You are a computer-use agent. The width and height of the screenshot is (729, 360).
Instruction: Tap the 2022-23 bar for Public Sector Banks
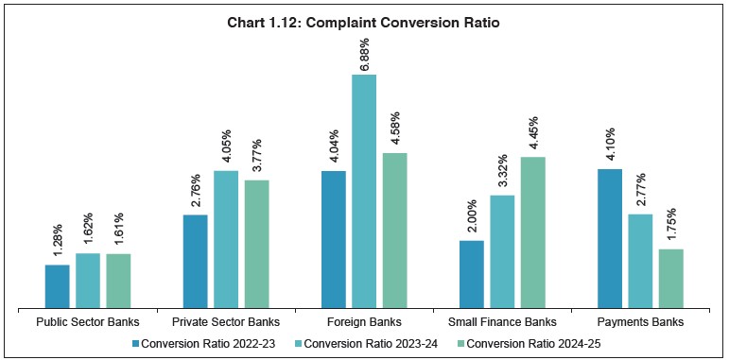(x=58, y=286)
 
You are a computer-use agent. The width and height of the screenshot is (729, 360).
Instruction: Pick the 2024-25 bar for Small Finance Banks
(x=532, y=232)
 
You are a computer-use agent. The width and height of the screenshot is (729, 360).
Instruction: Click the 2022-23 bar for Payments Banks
(x=610, y=238)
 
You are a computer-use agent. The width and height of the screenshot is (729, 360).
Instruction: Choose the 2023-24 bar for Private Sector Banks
(x=226, y=239)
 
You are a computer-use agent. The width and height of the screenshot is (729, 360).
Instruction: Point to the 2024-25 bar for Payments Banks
(x=670, y=279)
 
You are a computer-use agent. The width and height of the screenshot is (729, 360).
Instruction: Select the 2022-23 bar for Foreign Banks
(x=334, y=239)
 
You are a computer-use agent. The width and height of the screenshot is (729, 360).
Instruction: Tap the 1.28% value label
(x=58, y=243)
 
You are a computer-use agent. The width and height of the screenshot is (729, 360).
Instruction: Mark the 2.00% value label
(x=472, y=218)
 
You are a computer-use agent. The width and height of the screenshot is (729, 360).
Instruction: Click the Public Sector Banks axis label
(x=88, y=322)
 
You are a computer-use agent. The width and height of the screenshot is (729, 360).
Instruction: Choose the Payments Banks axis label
(x=640, y=322)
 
